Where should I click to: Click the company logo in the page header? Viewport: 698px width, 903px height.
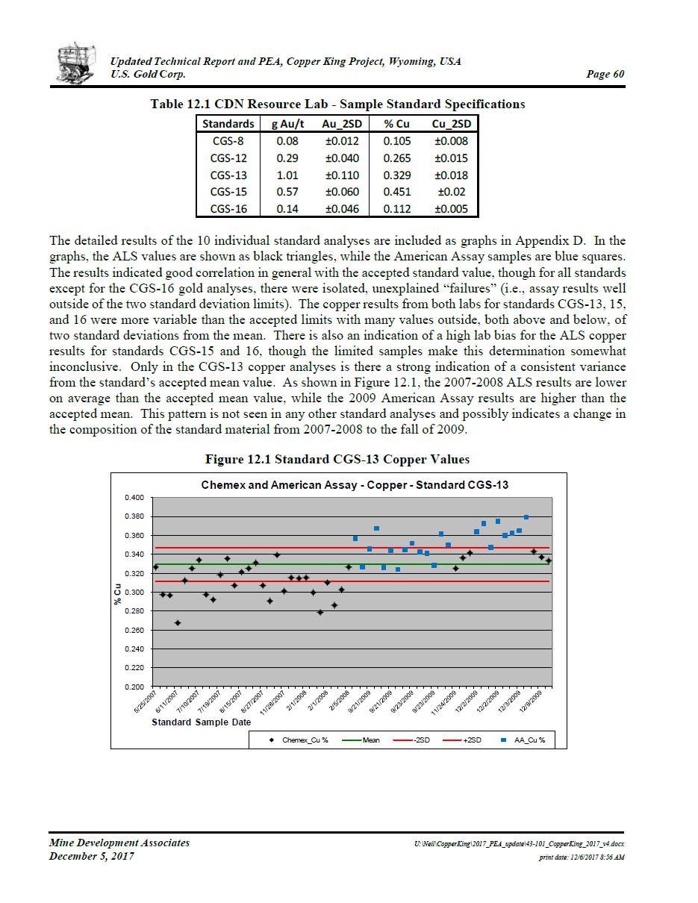click(x=77, y=63)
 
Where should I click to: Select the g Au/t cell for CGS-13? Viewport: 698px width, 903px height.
click(x=287, y=175)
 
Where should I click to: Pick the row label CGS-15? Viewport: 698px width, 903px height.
click(x=228, y=193)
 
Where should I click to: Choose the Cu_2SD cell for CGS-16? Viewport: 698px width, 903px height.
click(x=450, y=209)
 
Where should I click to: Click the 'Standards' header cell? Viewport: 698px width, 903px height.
click(x=228, y=124)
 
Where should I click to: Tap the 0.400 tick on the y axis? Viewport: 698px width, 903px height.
click(x=134, y=497)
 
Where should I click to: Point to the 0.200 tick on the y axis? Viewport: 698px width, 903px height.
click(x=134, y=687)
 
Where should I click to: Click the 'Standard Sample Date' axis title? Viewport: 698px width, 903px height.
click(x=201, y=722)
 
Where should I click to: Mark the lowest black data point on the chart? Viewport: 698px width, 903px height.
click(x=178, y=623)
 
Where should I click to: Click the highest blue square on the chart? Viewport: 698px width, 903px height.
click(x=526, y=517)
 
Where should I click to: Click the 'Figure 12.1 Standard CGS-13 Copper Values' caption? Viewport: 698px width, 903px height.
click(x=337, y=459)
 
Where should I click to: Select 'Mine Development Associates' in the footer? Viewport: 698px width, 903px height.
click(x=119, y=843)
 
